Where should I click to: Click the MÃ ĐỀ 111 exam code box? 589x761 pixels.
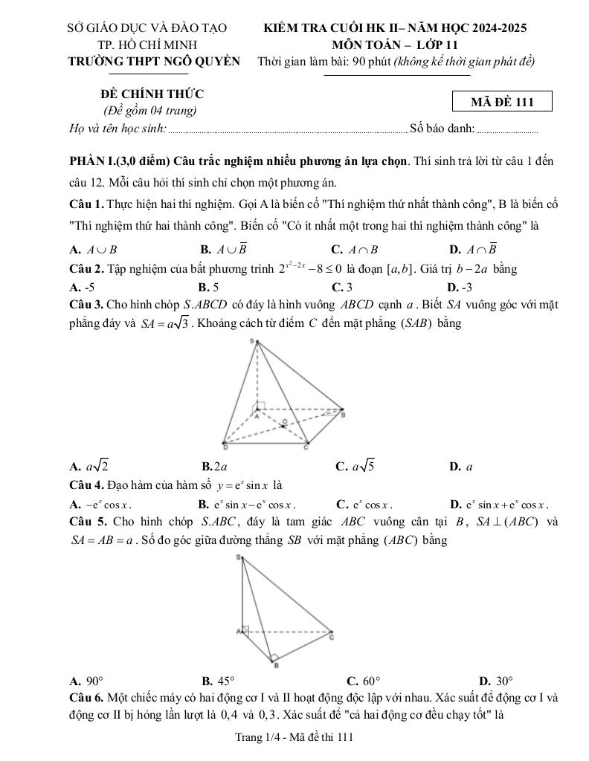[502, 102]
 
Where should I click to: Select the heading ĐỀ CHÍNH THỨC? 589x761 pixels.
[152, 94]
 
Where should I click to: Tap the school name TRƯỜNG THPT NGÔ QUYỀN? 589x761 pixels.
[154, 62]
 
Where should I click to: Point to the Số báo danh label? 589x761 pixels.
[442, 129]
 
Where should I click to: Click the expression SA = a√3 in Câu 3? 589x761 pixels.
[165, 323]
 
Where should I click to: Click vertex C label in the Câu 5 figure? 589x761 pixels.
[332, 637]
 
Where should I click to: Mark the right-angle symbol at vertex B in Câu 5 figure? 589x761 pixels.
[273, 658]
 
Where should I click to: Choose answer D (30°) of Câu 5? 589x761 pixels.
[496, 680]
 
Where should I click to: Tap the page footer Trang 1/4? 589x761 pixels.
[293, 737]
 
